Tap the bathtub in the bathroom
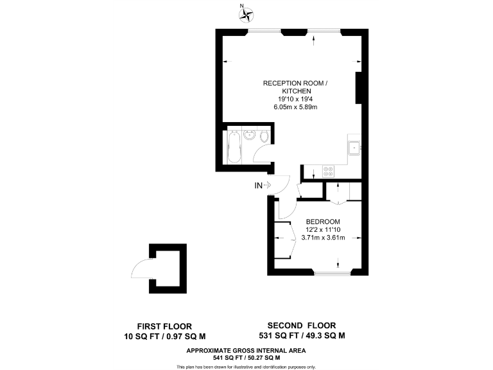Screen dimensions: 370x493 tap(233, 147)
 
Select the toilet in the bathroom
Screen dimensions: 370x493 tap(264, 136)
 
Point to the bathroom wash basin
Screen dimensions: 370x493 tap(249, 135)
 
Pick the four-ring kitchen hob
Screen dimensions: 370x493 tap(328, 172)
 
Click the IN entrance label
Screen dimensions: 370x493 tap(259, 186)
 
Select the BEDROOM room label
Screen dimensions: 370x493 tap(323, 222)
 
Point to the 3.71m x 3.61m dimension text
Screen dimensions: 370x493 tap(323, 238)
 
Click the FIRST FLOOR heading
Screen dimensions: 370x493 tap(164, 326)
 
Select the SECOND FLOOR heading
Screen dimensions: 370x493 tap(301, 326)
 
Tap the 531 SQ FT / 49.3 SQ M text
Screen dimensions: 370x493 tap(301, 335)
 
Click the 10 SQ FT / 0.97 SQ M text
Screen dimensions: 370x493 tap(164, 335)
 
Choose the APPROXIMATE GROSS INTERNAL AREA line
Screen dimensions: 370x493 tap(246, 350)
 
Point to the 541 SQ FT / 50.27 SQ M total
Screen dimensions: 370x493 tap(246, 357)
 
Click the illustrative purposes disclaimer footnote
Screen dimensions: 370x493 tap(246, 366)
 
